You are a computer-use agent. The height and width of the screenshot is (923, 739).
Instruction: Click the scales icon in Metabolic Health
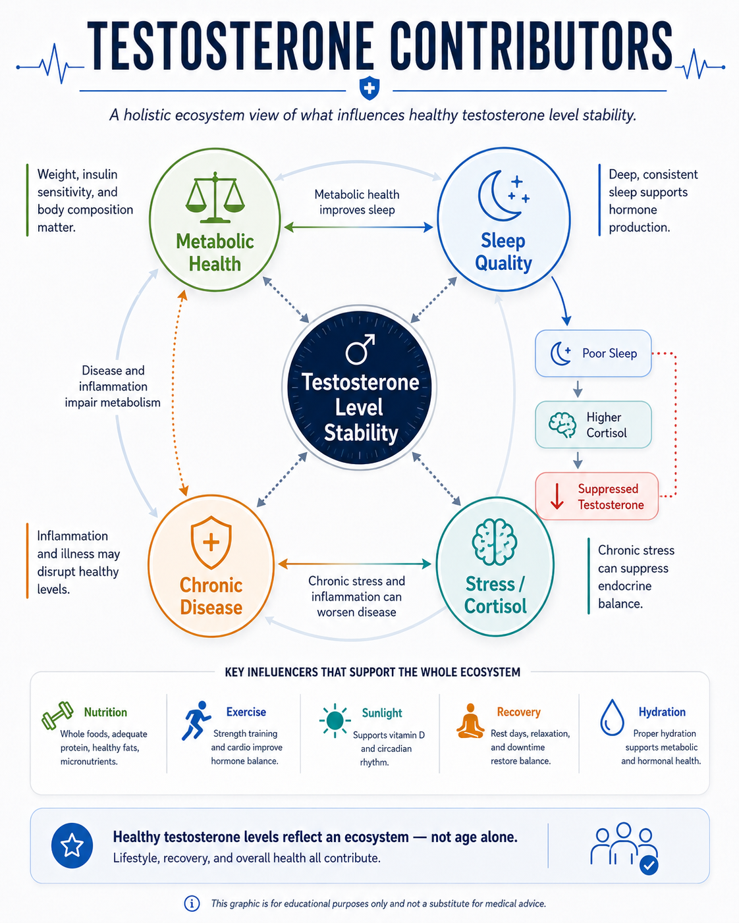pos(215,198)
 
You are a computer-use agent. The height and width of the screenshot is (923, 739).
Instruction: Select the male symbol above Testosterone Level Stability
pos(360,349)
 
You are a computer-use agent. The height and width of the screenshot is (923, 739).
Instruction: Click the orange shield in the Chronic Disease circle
pos(211,542)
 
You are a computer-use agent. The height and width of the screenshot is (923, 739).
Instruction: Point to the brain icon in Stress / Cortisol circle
pos(495,542)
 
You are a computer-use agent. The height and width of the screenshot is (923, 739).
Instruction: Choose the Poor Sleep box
pos(593,354)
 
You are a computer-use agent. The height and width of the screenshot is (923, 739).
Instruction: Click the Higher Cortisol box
pos(593,425)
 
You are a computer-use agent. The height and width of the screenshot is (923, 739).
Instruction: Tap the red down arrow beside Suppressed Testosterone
pos(557,496)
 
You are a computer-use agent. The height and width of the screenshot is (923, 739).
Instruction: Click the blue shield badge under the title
pos(369,88)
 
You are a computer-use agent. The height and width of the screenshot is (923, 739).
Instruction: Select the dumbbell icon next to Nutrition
pos(57,715)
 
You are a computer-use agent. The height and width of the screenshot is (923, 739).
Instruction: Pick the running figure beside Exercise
pos(196,720)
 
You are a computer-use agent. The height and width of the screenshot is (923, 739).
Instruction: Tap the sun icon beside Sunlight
pos(335,720)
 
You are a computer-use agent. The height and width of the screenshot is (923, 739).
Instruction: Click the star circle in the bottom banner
pos(72,845)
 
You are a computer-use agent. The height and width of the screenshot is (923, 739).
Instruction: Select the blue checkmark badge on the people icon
pos(649,866)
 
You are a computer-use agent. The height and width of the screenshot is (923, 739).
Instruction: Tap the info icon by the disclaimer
pos(192,904)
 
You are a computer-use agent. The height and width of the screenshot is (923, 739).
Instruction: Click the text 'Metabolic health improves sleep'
pos(356,202)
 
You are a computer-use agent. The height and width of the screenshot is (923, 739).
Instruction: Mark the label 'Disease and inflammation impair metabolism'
pos(113,386)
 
